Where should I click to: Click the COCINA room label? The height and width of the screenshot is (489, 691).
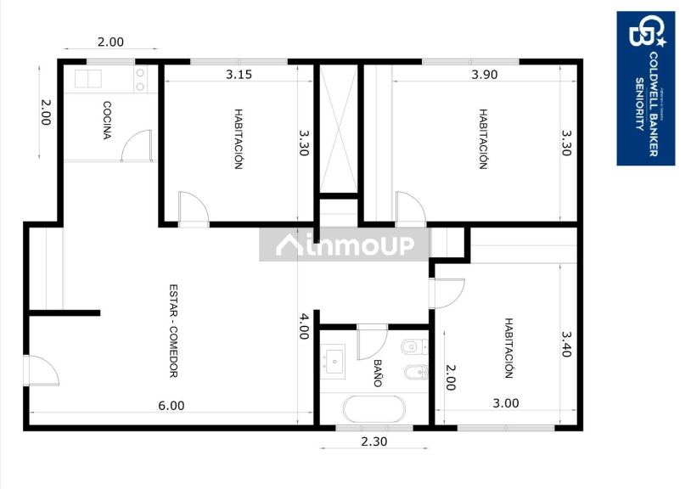pos(108,120)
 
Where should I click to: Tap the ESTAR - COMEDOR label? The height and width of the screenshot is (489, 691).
pos(172,330)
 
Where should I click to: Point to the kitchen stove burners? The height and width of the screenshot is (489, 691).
pos(141,79)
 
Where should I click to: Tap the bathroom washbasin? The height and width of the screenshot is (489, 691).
pos(334,362)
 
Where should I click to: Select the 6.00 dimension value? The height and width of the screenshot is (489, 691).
pos(171,406)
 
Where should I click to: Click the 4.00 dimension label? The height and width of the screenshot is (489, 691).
pos(304,327)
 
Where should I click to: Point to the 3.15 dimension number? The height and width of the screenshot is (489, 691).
pos(239,75)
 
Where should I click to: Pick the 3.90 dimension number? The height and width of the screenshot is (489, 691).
pos(484,75)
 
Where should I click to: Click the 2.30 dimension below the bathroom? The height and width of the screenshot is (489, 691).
pos(374,441)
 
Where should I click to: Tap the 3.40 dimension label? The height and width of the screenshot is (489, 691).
pos(566,344)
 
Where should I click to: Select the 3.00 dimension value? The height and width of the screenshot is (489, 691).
pos(506,403)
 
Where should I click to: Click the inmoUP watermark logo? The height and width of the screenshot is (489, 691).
pos(345,245)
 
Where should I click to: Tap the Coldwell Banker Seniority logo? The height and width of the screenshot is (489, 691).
pos(645,87)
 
